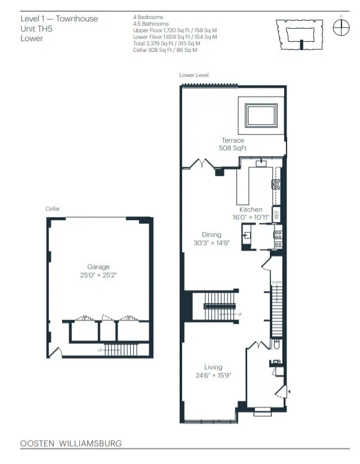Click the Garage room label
(99, 267)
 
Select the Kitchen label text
(251, 210)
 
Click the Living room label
(213, 367)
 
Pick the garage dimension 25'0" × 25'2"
(99, 276)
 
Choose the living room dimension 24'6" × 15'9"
(213, 376)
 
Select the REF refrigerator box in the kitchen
(276, 214)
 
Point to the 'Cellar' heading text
(53, 209)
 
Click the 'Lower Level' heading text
(193, 75)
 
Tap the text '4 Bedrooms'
(148, 17)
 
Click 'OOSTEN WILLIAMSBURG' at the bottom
(70, 444)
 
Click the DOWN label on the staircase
(276, 283)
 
